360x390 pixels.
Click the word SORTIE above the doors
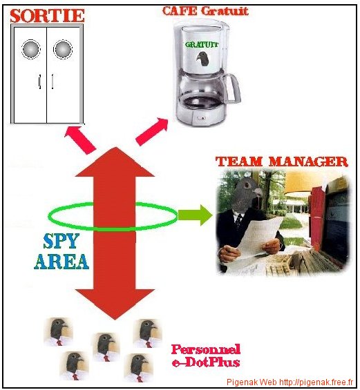tap(47, 15)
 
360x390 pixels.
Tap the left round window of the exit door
tap(31, 49)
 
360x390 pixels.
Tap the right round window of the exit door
tap(63, 49)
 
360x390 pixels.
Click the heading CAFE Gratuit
tap(205, 11)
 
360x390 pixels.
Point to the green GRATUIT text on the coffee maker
tap(201, 45)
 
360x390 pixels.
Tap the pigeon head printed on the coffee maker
tap(202, 59)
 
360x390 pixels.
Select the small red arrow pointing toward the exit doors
tap(80, 140)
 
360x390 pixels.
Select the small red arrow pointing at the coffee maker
tap(152, 132)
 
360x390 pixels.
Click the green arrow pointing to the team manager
tap(195, 215)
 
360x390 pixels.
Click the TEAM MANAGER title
tap(282, 162)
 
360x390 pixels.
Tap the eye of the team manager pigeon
tap(247, 185)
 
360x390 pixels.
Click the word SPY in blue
tap(61, 241)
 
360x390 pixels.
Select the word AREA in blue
tap(61, 262)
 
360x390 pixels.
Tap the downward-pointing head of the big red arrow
tap(115, 304)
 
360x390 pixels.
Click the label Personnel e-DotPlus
tap(206, 355)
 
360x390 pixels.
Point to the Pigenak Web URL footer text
tap(290, 382)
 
